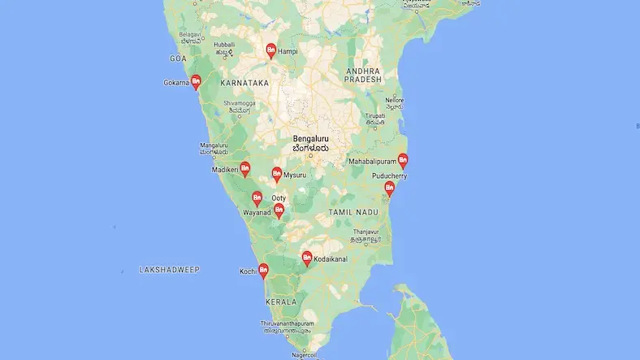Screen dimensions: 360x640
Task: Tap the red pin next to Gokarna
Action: pos(195,82)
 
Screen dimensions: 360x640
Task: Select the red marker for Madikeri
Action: pos(244,169)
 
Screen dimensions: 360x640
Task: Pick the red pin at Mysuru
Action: pos(277,174)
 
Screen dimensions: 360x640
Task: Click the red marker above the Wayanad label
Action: pos(257,198)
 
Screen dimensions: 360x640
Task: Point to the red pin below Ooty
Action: pos(279,210)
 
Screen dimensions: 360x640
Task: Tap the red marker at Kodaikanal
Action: pos(307,258)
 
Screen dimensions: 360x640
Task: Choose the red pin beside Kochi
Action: pos(263,271)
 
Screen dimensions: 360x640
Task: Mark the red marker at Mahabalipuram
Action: pos(402,161)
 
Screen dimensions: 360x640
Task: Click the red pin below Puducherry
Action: pos(389,189)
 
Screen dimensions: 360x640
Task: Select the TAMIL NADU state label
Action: pos(354,211)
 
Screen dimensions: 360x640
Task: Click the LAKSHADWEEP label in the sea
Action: pos(169,268)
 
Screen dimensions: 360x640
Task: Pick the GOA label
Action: pos(178,59)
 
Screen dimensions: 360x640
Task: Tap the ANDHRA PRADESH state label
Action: pos(362,76)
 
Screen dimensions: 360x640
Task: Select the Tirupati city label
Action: pos(374,116)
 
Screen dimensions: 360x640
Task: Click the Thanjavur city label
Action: pos(366,232)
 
